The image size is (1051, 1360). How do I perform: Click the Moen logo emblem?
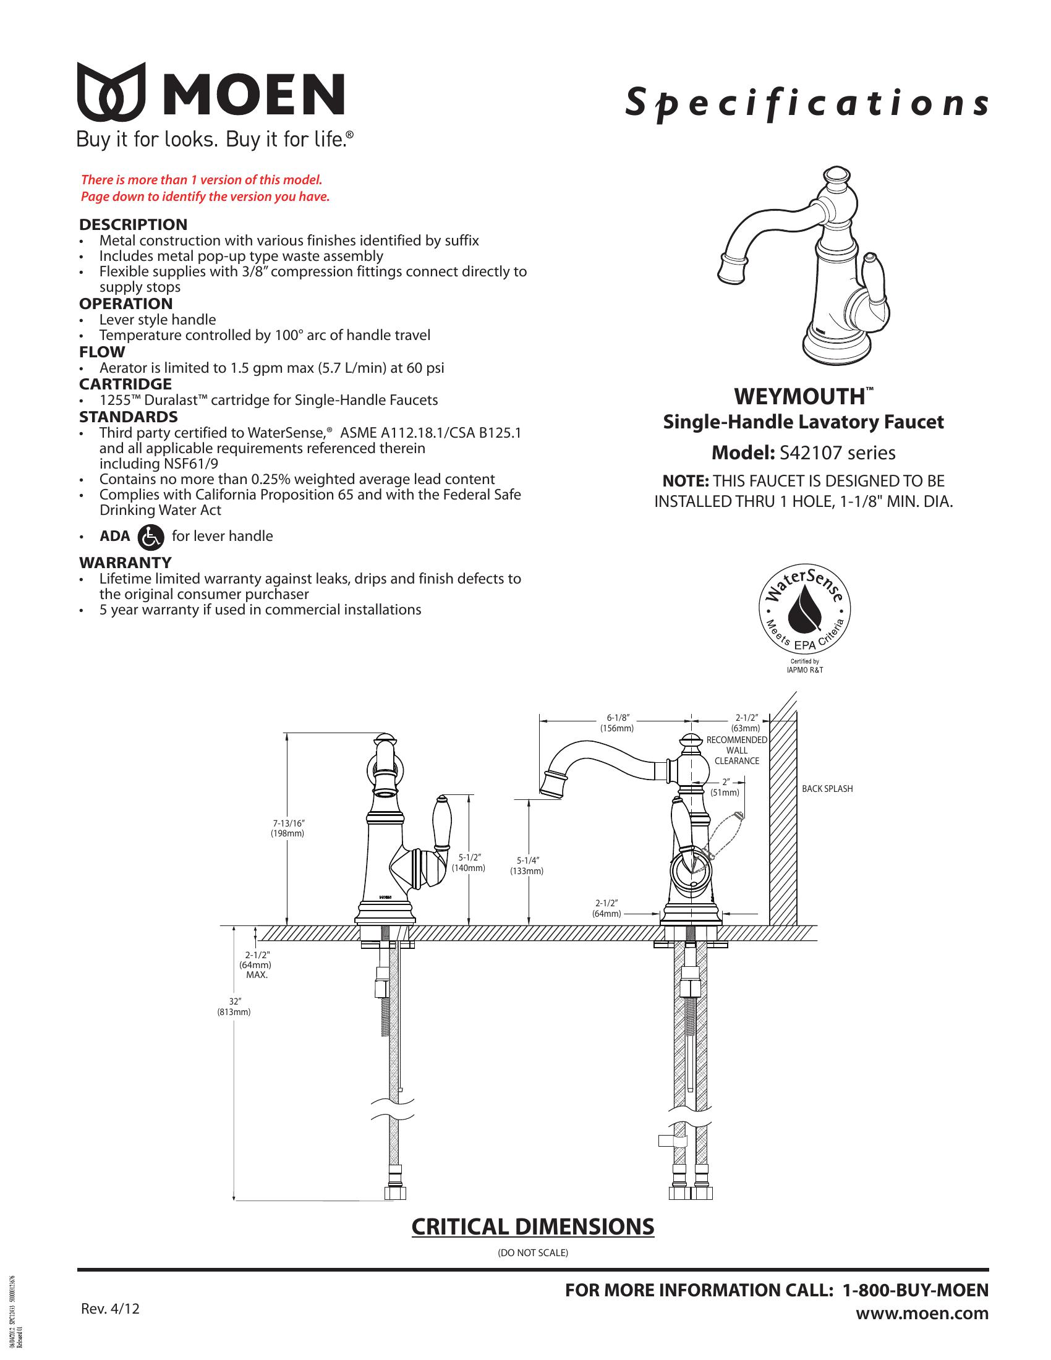[111, 92]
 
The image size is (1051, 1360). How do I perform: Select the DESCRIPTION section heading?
[133, 224]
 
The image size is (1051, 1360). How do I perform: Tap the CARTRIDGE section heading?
[125, 384]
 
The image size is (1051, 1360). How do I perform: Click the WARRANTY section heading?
[124, 563]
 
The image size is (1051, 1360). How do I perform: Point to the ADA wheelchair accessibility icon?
[151, 536]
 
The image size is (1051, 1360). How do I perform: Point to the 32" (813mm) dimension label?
[234, 1007]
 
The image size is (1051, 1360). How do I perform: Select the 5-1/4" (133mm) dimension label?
[527, 866]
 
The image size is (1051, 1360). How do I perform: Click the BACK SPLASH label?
[827, 789]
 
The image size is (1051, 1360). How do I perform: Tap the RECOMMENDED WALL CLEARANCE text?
[736, 750]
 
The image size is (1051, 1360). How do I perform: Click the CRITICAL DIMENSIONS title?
[532, 1226]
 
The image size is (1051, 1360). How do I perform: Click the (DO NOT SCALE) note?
[532, 1252]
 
